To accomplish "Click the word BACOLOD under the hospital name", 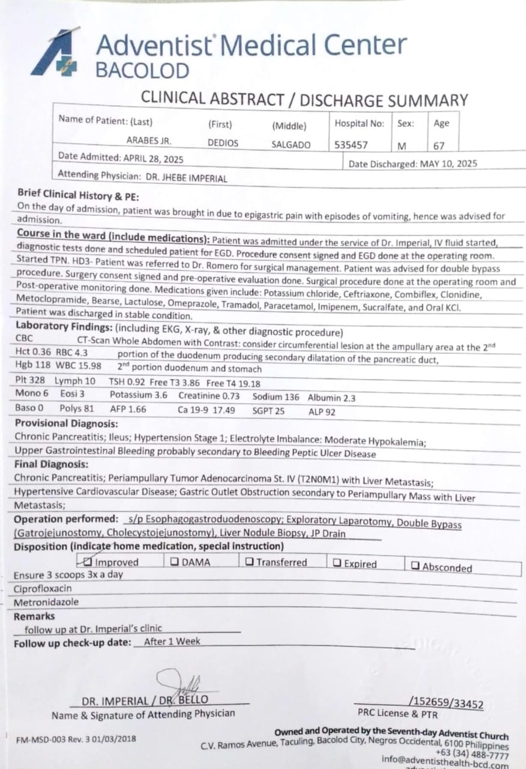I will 142,71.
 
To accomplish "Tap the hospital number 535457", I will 351,145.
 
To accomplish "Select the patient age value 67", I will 440,145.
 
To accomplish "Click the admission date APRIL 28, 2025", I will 154,159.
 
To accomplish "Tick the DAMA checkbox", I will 174,562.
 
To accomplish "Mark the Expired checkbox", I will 337,564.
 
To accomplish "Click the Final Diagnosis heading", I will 51,464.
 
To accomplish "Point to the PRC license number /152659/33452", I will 446,704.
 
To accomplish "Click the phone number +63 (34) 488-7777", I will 473,755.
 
